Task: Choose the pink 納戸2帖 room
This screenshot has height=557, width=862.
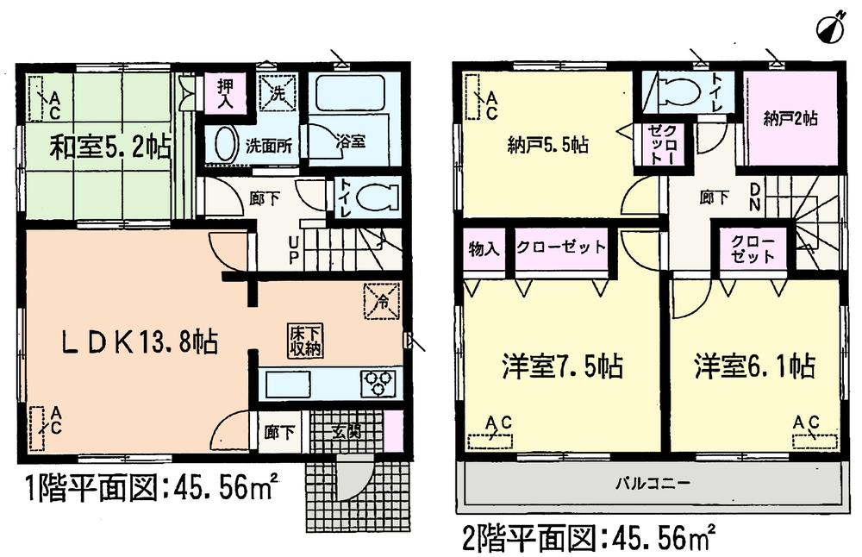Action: click(791, 120)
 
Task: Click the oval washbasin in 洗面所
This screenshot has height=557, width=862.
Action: click(224, 144)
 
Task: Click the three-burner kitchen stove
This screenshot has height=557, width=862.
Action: click(380, 383)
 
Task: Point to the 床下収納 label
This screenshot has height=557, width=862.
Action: click(305, 341)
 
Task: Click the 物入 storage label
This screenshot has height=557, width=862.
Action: click(484, 248)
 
